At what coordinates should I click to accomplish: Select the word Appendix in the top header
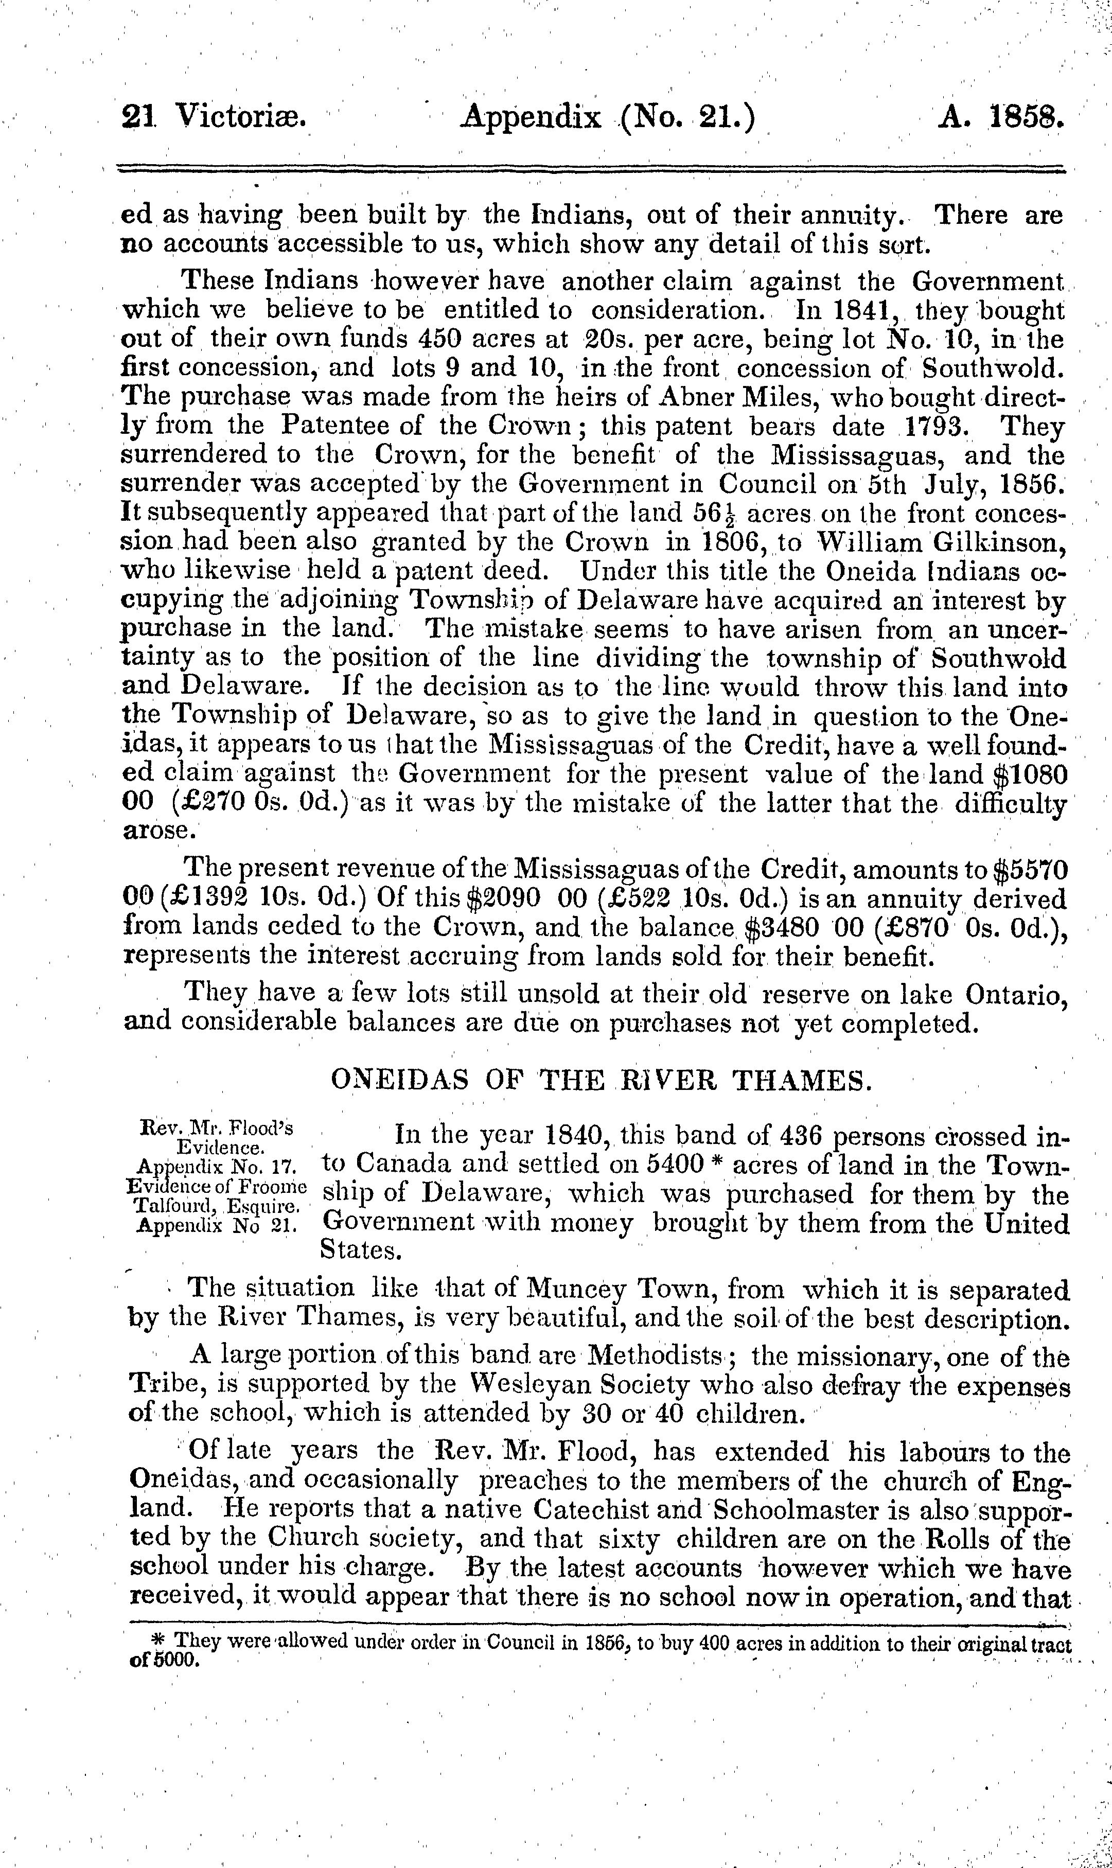533,118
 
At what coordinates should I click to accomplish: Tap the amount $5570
1031,869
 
